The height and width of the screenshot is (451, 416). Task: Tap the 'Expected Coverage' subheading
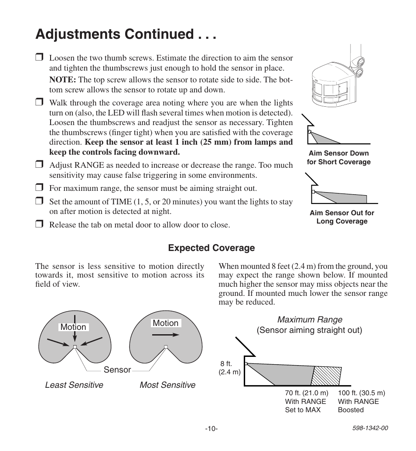point(211,248)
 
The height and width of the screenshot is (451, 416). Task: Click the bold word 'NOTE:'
point(62,80)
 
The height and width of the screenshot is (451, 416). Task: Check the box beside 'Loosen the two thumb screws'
point(39,58)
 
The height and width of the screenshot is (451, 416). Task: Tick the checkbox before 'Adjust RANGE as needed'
point(39,165)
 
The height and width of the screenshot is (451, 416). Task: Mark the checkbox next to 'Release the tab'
point(39,224)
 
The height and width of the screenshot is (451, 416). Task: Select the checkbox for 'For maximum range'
point(39,188)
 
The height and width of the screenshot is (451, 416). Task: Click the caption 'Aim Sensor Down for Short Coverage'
point(338,158)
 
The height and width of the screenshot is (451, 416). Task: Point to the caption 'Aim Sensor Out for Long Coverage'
point(342,217)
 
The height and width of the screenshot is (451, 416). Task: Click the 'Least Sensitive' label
point(74,385)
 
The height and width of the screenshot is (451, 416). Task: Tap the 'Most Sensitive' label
point(167,385)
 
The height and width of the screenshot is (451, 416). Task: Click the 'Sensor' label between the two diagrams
point(117,370)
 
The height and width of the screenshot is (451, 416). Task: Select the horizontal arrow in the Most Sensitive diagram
point(166,335)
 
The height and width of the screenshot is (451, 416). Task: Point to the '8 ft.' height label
point(226,363)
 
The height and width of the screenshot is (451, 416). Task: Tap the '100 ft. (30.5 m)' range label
point(361,393)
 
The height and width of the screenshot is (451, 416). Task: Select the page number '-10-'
point(211,429)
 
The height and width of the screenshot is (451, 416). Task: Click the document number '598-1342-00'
point(370,428)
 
